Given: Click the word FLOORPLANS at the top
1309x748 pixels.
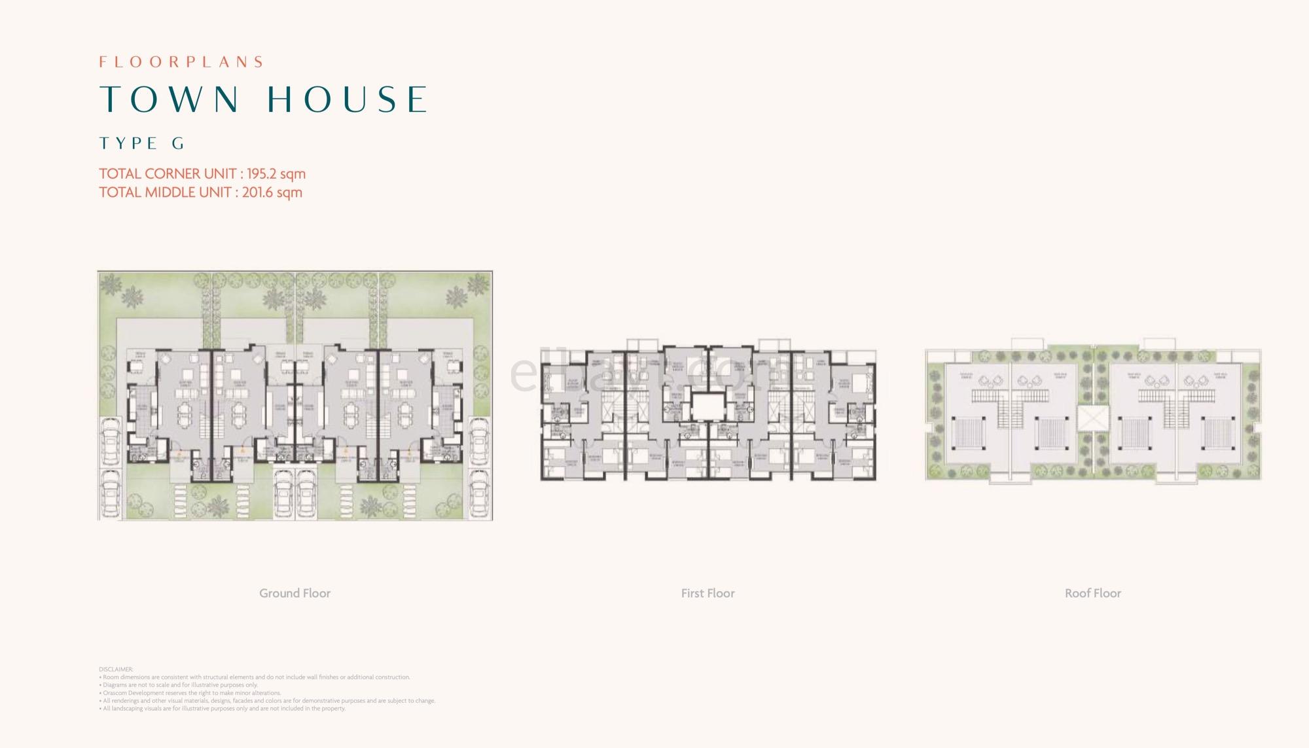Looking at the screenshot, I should (x=181, y=62).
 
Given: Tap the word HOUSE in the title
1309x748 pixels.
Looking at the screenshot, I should (x=348, y=99).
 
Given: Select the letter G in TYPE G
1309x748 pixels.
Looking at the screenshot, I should (x=178, y=144).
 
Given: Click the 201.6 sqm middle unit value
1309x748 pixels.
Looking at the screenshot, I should (x=272, y=192).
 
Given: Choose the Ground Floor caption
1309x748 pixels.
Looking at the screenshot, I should (x=295, y=594).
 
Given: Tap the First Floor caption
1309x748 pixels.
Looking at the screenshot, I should (x=708, y=594).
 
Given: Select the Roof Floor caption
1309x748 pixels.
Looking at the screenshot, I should (x=1092, y=594).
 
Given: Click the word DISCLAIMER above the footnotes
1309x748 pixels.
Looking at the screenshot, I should (x=116, y=669).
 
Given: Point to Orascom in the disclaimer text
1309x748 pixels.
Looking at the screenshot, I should (x=115, y=693).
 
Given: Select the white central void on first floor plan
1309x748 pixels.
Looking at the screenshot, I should (x=708, y=406).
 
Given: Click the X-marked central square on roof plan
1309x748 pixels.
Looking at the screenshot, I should (x=1092, y=419).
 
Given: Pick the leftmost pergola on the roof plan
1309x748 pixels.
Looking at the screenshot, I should (x=967, y=433).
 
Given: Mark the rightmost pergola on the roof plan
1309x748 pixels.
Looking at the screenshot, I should (x=1219, y=433).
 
